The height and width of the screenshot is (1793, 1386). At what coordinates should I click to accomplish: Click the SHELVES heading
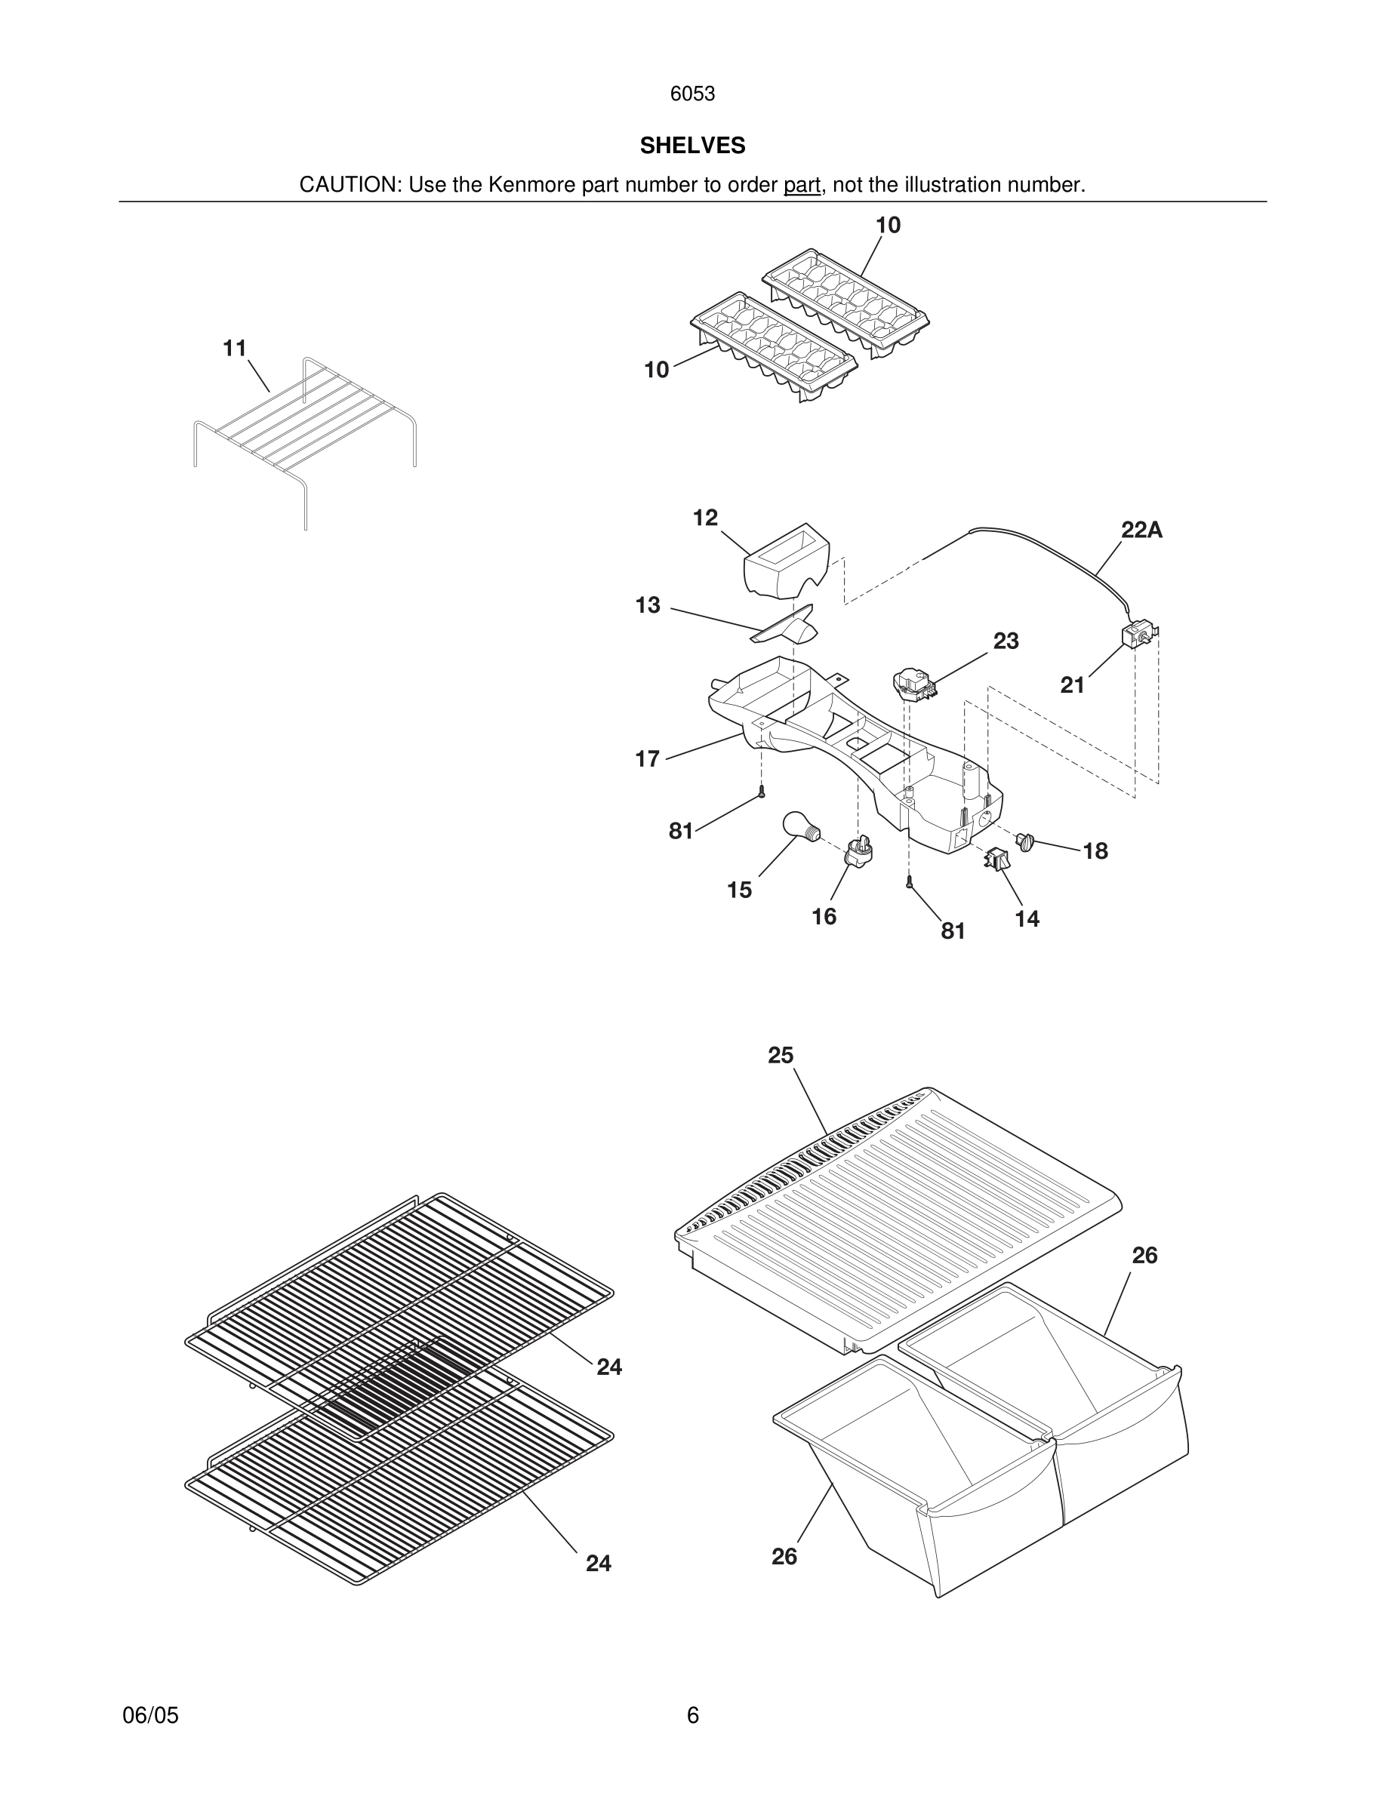(692, 146)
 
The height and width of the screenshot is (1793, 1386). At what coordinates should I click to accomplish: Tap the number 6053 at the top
(692, 94)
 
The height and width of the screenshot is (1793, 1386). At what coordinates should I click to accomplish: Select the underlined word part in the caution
(802, 186)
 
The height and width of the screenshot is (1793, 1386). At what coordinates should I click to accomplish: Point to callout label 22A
(1141, 531)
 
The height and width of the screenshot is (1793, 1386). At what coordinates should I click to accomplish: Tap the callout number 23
(1006, 641)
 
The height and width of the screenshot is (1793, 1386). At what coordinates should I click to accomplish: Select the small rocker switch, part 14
(996, 860)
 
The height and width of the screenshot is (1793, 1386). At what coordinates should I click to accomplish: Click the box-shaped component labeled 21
(1138, 636)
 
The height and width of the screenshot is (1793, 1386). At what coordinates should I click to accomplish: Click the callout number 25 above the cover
(780, 1056)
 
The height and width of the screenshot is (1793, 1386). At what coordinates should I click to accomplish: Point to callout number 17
(647, 759)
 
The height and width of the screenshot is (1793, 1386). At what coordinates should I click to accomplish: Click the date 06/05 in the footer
(150, 1716)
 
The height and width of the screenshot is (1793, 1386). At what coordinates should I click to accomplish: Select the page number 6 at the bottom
(692, 1716)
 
